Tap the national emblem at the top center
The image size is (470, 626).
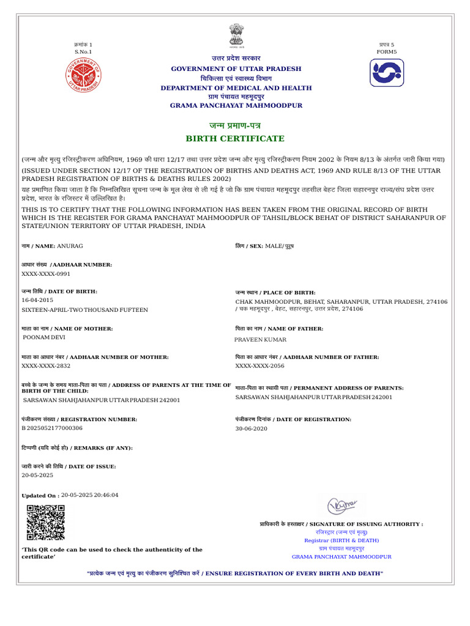pyautogui.click(x=236, y=35)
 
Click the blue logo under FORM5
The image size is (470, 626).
pyautogui.click(x=386, y=73)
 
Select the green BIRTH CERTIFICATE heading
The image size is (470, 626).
pyautogui.click(x=236, y=139)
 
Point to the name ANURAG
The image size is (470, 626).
pyautogui.click(x=70, y=245)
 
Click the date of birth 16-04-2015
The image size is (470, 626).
pyautogui.click(x=37, y=300)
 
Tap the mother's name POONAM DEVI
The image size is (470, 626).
pyautogui.click(x=44, y=337)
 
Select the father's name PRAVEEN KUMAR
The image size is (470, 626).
pyautogui.click(x=260, y=339)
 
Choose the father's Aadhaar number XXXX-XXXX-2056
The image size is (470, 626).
pyautogui.click(x=259, y=366)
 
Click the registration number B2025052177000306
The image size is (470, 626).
pyautogui.click(x=52, y=428)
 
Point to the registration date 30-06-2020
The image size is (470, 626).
pyautogui.click(x=251, y=429)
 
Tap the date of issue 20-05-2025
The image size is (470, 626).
pyautogui.click(x=37, y=475)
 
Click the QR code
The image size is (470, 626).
pyautogui.click(x=45, y=523)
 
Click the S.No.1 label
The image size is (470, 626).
pyautogui.click(x=83, y=52)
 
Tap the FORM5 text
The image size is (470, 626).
pyautogui.click(x=386, y=52)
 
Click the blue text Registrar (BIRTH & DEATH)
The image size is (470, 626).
pyautogui.click(x=341, y=540)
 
